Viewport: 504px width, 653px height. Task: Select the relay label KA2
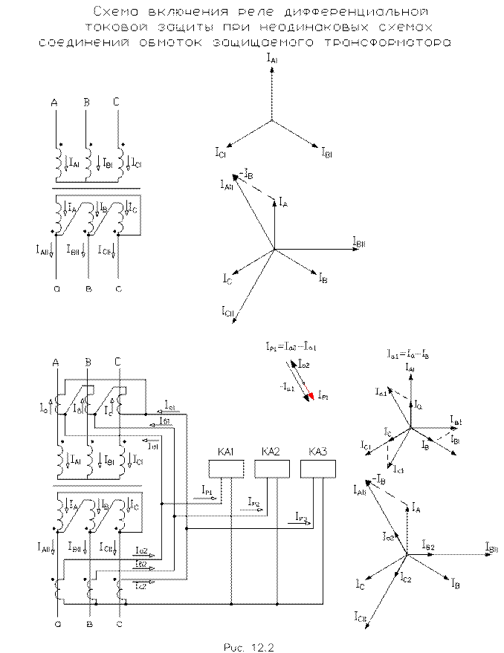(271, 452)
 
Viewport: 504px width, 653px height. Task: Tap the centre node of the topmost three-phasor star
(272, 121)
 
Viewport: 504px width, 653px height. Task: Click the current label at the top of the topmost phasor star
(272, 58)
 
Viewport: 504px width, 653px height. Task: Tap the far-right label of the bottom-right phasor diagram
(490, 550)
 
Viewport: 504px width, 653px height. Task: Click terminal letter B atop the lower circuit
(88, 362)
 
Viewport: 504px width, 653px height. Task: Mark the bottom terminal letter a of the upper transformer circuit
(56, 288)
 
